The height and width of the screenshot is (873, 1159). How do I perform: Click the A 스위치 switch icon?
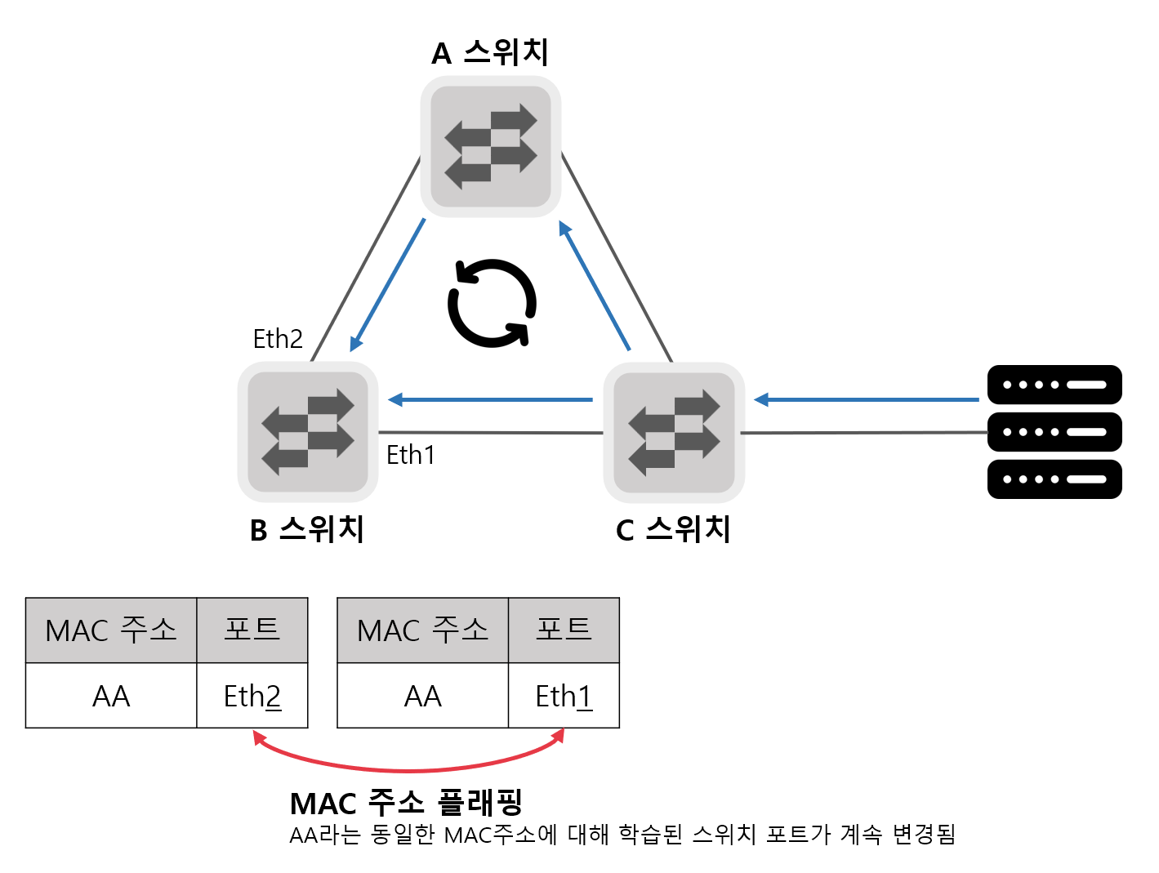click(491, 147)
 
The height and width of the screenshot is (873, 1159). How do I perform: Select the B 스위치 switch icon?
click(308, 432)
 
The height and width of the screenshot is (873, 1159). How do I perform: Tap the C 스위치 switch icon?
click(674, 432)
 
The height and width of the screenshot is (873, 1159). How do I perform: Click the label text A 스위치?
click(490, 53)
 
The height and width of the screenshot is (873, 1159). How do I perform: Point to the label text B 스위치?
click(307, 529)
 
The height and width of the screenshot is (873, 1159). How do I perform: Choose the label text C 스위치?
click(673, 529)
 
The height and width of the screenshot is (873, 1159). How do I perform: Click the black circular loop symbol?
click(492, 303)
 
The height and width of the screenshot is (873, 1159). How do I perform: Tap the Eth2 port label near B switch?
click(278, 338)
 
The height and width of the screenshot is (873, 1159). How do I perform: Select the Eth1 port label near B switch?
click(411, 455)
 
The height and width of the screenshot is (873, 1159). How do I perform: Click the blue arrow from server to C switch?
click(866, 399)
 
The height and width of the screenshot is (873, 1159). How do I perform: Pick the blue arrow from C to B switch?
click(490, 399)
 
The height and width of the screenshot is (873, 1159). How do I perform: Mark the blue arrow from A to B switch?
click(388, 284)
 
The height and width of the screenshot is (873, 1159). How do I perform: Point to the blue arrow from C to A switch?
click(595, 285)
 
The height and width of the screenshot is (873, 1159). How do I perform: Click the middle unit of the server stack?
click(1054, 432)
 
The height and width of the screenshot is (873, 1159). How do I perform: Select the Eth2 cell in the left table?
click(252, 696)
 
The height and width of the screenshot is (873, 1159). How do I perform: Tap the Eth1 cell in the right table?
click(564, 696)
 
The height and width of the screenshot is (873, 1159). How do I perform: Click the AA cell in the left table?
click(111, 696)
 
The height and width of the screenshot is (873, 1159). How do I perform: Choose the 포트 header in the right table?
click(564, 630)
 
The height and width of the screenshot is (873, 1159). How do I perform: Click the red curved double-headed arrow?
click(408, 768)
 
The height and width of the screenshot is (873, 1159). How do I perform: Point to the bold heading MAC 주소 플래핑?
click(406, 803)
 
